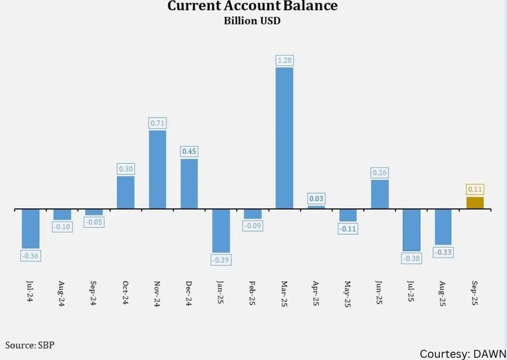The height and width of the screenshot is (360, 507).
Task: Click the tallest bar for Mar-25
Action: click(284, 138)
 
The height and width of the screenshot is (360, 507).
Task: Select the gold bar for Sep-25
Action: click(475, 203)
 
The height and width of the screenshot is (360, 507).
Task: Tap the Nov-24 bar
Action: click(157, 169)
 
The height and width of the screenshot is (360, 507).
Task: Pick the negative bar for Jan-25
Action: click(221, 231)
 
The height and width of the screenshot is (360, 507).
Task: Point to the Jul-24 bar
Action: click(31, 228)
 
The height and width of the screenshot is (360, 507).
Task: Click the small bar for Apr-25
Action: click(316, 207)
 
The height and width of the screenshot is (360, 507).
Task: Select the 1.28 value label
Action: click(284, 60)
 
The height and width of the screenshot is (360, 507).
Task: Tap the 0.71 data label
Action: click(157, 123)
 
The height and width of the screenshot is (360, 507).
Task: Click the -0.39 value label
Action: click(221, 260)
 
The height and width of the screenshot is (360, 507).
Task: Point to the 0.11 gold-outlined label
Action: click(475, 189)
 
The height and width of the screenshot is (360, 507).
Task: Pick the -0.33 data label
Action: click(443, 252)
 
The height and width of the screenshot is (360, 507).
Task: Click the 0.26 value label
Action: click(380, 172)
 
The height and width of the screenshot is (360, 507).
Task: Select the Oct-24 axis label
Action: click(125, 293)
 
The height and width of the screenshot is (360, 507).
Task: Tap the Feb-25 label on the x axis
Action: click(252, 293)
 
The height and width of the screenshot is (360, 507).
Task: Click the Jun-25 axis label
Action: click(379, 293)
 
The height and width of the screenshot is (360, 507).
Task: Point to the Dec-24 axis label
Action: click(189, 293)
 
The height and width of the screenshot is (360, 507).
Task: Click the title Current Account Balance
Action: click(252, 6)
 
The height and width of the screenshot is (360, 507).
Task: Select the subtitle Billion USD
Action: click(252, 21)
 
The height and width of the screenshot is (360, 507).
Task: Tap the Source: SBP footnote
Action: click(30, 345)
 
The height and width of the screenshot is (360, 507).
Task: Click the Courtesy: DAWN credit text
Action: click(462, 354)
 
